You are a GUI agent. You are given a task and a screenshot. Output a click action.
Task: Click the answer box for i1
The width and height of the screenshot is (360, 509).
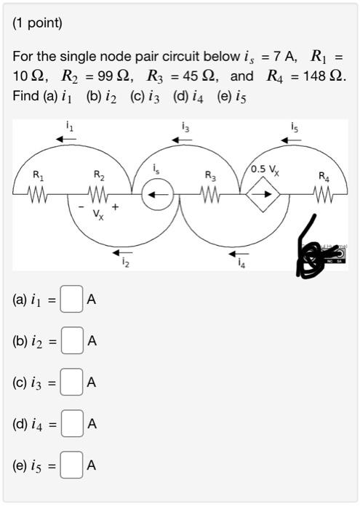point(71,299)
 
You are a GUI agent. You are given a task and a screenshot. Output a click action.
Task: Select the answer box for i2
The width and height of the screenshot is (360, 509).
point(71,340)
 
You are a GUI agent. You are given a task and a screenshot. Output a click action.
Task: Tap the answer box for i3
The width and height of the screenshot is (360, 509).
point(71,382)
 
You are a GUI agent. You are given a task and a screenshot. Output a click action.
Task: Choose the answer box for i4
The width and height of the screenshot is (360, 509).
point(71,423)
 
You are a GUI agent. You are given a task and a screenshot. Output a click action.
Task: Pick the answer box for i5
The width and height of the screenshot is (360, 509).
point(71,465)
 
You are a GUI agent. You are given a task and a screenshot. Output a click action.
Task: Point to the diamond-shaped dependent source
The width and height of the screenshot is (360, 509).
point(263,195)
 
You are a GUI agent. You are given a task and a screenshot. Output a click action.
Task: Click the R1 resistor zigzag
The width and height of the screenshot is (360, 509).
point(37,194)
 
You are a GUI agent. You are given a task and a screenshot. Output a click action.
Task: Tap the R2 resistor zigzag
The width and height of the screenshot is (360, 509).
point(98,194)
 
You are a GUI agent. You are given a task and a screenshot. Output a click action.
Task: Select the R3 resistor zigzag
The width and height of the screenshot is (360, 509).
point(210,194)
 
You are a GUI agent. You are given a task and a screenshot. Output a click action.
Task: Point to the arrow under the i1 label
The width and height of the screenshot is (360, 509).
point(67,139)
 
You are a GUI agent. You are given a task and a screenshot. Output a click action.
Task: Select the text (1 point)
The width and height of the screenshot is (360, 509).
point(38,23)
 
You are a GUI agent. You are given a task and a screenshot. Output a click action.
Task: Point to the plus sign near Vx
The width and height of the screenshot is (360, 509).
point(115,208)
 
